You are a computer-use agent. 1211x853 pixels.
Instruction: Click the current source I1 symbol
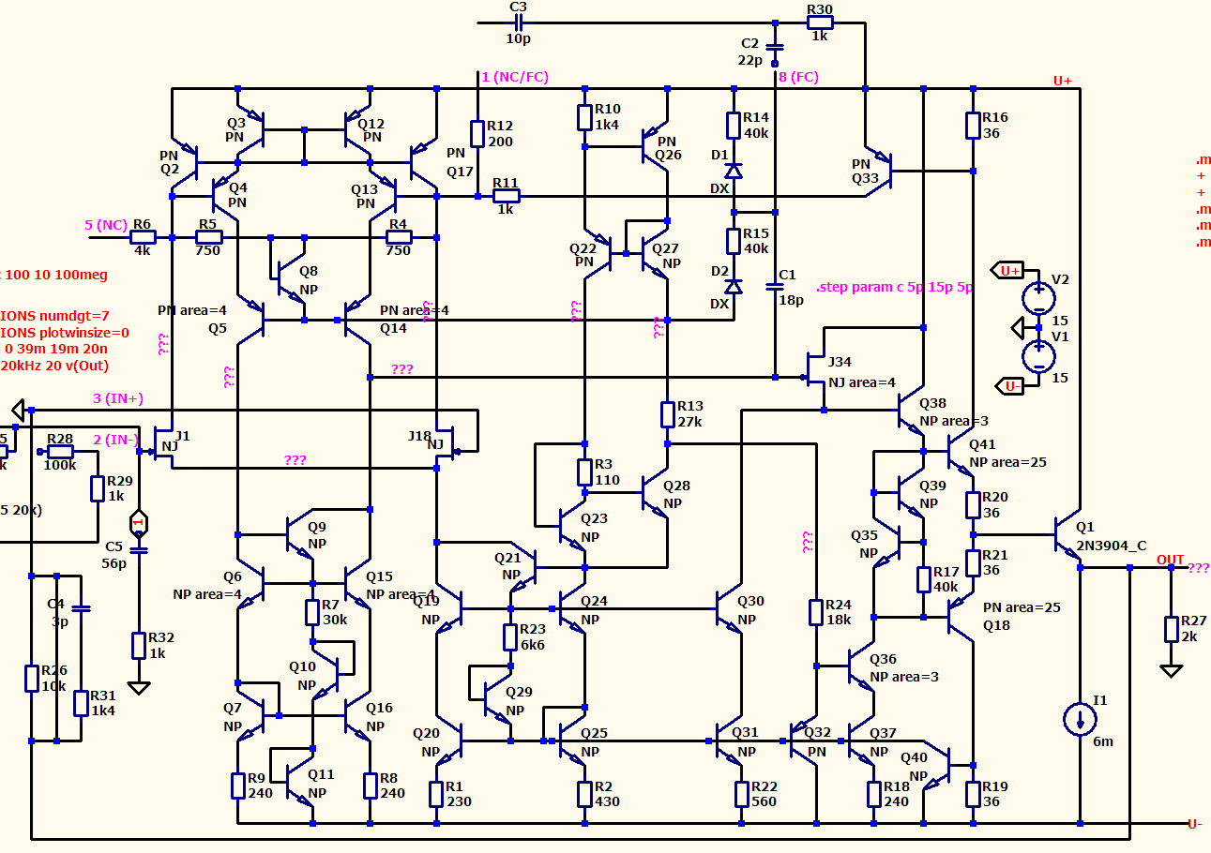pos(1080,719)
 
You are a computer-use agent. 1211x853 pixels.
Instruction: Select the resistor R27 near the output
pos(1171,629)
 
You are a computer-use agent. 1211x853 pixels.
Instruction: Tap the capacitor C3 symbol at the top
pos(517,22)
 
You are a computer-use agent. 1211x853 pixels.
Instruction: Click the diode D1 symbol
pos(734,172)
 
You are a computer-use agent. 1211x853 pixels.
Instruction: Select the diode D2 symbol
pos(734,284)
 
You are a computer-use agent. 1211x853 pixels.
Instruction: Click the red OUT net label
pos(1170,560)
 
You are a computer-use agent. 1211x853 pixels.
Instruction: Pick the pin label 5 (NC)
pos(105,225)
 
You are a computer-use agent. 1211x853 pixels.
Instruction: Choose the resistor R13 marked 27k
pos(667,413)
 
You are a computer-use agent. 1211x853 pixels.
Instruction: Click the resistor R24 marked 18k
pos(816,612)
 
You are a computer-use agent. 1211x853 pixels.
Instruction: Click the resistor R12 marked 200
pos(477,133)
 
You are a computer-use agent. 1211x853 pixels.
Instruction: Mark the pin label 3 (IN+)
pos(117,399)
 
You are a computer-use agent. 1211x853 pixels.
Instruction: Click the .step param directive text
pos(894,287)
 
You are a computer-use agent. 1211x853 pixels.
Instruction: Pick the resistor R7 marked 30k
pos(312,612)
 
